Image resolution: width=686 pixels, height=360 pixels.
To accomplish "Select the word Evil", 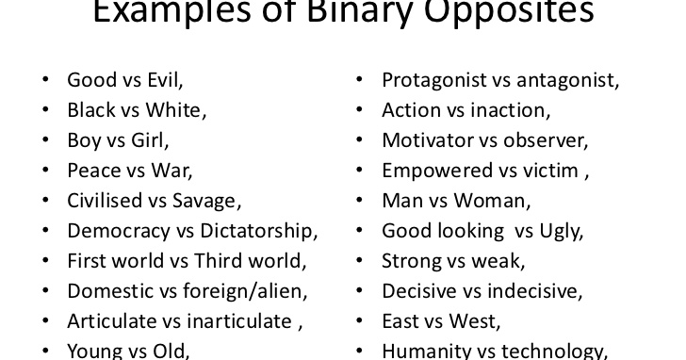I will (x=164, y=80).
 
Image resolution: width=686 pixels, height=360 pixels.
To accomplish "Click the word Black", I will (x=95, y=110).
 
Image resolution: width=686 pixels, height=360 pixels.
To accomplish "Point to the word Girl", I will (x=150, y=140).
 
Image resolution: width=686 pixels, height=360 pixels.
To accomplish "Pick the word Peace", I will (x=94, y=171).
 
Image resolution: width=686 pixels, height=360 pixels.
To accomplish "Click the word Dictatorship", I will (x=256, y=231).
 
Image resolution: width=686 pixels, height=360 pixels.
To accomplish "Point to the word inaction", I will (x=510, y=110).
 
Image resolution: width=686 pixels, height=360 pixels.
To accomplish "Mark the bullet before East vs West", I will (x=360, y=321).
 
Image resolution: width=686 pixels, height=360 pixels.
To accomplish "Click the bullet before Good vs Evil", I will (x=45, y=80).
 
